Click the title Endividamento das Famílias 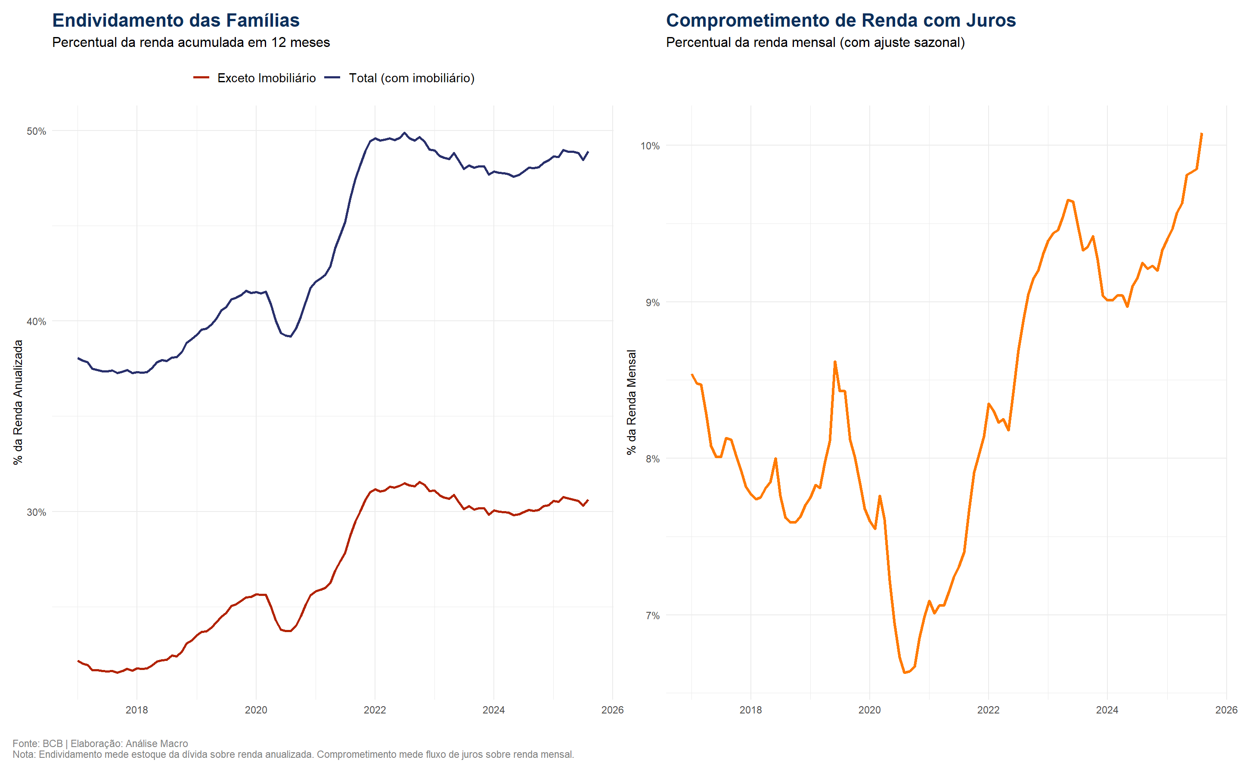(x=176, y=20)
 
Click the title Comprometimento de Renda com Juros (x=840, y=20)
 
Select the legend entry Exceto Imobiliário (x=266, y=78)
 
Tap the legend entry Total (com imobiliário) (x=411, y=78)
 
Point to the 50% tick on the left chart (x=36, y=131)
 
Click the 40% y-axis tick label (x=36, y=322)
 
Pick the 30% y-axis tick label (x=36, y=512)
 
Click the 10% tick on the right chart (x=649, y=146)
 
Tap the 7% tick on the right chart (x=652, y=616)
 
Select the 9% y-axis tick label (x=652, y=302)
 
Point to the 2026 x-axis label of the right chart (x=1226, y=710)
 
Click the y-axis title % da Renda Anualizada (x=18, y=402)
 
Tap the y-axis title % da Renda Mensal (x=631, y=402)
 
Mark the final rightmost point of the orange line (x=1202, y=134)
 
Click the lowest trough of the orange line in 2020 (x=905, y=672)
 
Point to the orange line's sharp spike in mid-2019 (x=834, y=362)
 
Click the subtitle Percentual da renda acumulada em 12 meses (x=191, y=43)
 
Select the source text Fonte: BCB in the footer (x=37, y=743)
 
